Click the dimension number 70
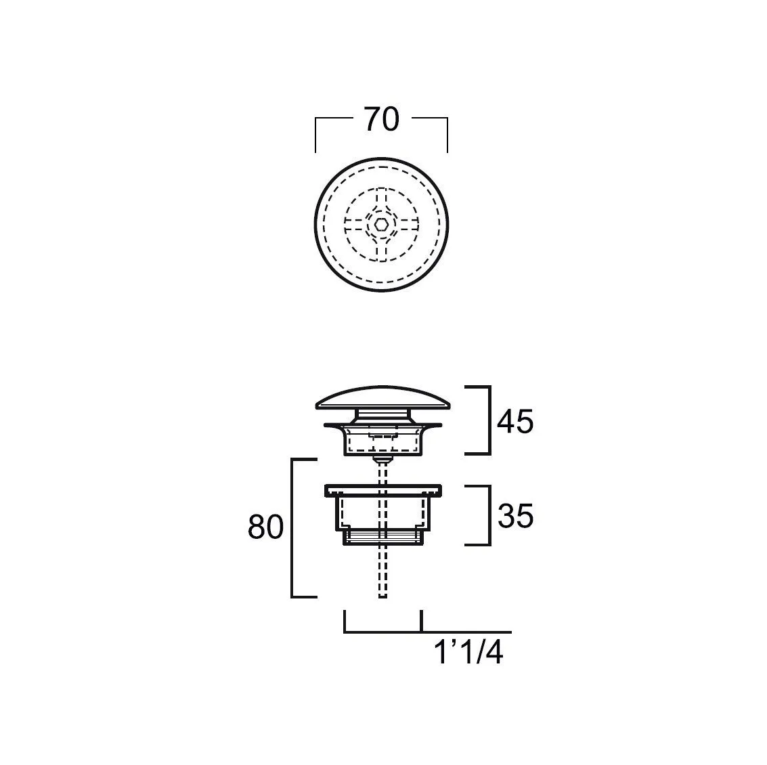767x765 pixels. [x=382, y=119]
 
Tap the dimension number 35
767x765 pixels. [x=516, y=516]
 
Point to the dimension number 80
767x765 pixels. [x=265, y=527]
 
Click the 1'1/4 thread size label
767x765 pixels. [x=468, y=653]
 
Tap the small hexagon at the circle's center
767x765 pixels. [x=381, y=225]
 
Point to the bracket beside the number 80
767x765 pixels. [x=292, y=528]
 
